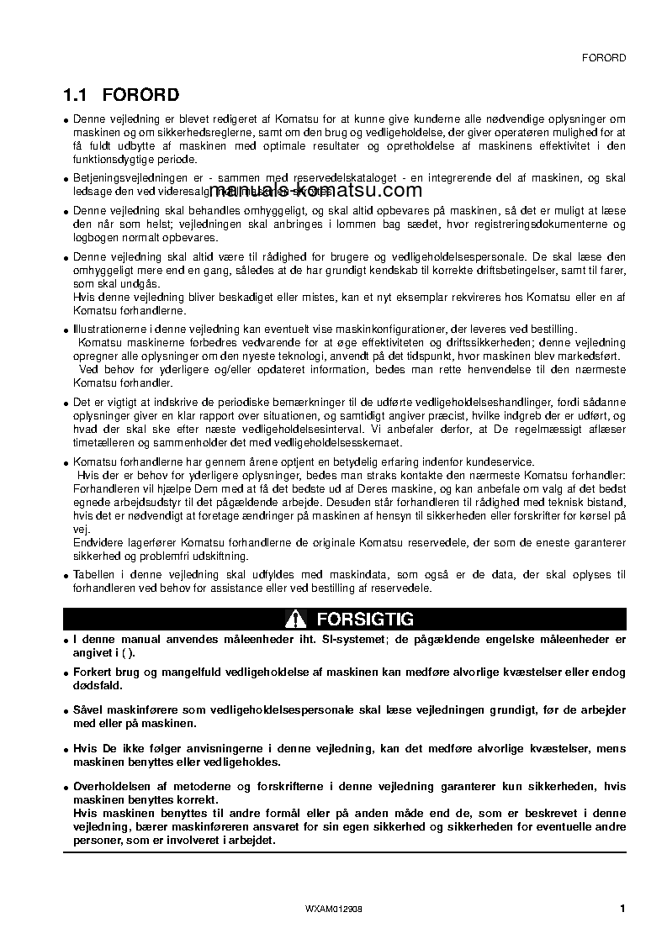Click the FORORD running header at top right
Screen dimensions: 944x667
pyautogui.click(x=604, y=58)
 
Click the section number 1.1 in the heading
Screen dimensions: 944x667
pyautogui.click(x=78, y=95)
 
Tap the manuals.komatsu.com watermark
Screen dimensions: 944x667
pyautogui.click(x=310, y=190)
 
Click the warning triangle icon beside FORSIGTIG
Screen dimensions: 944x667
pyautogui.click(x=294, y=620)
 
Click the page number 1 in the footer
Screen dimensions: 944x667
pyautogui.click(x=622, y=908)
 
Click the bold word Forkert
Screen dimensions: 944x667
pyautogui.click(x=94, y=672)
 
